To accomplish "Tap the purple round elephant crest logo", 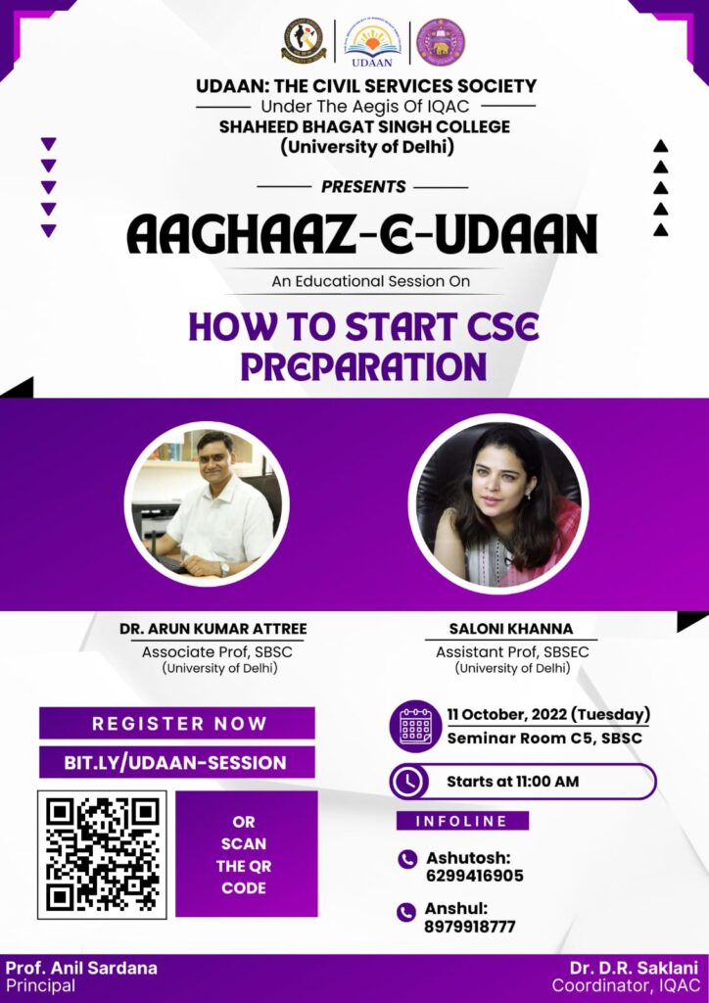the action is point(441,42).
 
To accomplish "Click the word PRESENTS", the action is point(363,187).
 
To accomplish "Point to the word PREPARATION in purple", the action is point(363,366).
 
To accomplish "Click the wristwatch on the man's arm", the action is point(224,569).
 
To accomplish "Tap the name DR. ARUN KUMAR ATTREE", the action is point(213,629).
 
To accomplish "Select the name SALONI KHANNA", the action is point(511,629).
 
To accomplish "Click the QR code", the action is point(102,855).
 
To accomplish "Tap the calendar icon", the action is point(415,726).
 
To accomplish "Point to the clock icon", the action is point(408,781).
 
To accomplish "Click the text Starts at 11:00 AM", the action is point(513,781).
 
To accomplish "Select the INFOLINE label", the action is point(462,821).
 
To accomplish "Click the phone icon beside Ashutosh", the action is point(407,859).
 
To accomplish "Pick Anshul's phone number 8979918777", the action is point(469,927).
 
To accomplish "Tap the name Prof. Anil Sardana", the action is point(81,967).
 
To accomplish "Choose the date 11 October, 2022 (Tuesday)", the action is point(548,714).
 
